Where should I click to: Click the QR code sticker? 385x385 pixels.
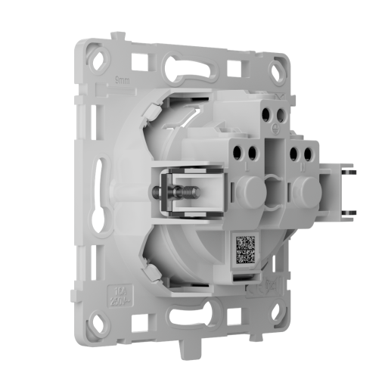[246, 249]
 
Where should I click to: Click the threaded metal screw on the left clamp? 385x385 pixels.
[161, 194]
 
